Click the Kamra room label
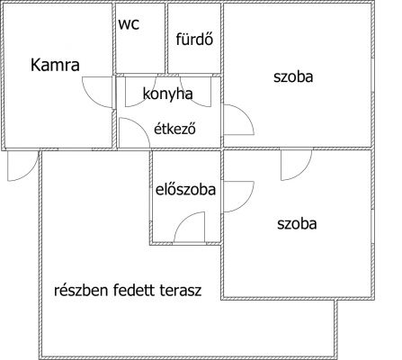[55, 65]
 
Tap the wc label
[129, 24]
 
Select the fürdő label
[194, 40]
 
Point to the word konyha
[167, 94]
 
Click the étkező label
[175, 129]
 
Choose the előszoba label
[185, 190]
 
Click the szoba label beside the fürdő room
[293, 76]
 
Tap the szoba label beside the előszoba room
[297, 224]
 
